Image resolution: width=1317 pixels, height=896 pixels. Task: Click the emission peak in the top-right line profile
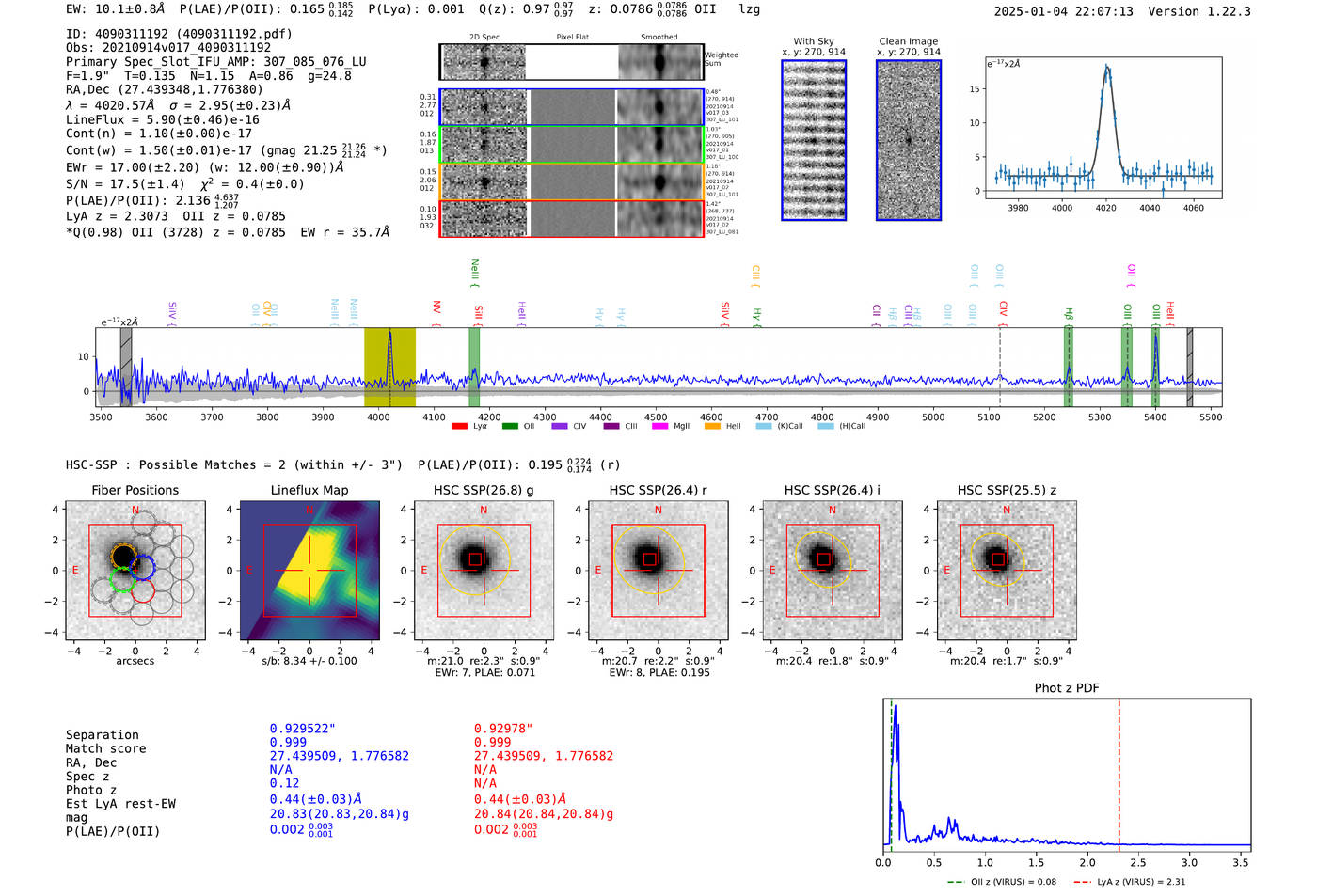1107,67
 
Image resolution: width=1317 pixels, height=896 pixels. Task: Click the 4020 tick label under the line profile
1105,208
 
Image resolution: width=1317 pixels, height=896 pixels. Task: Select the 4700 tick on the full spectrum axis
767,417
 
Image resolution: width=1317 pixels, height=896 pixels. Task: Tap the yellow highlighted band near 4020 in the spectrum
389,367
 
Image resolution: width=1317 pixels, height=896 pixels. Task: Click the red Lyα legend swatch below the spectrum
459,426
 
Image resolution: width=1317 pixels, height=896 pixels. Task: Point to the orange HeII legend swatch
712,426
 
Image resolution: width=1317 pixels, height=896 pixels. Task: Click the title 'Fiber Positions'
135,490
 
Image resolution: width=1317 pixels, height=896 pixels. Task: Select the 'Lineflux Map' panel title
309,490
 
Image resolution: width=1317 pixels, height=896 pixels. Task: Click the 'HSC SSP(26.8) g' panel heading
484,490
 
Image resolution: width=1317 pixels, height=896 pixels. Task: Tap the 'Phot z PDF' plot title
1067,687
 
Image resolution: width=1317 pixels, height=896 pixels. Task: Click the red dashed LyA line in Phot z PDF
1119,771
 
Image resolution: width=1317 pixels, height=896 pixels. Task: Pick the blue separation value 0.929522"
302,729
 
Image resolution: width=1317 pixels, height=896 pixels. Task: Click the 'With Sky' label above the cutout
814,41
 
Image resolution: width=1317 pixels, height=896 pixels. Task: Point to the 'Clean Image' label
909,41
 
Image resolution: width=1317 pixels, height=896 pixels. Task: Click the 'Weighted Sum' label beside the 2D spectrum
722,58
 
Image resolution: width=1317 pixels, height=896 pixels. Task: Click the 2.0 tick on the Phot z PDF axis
1087,862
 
